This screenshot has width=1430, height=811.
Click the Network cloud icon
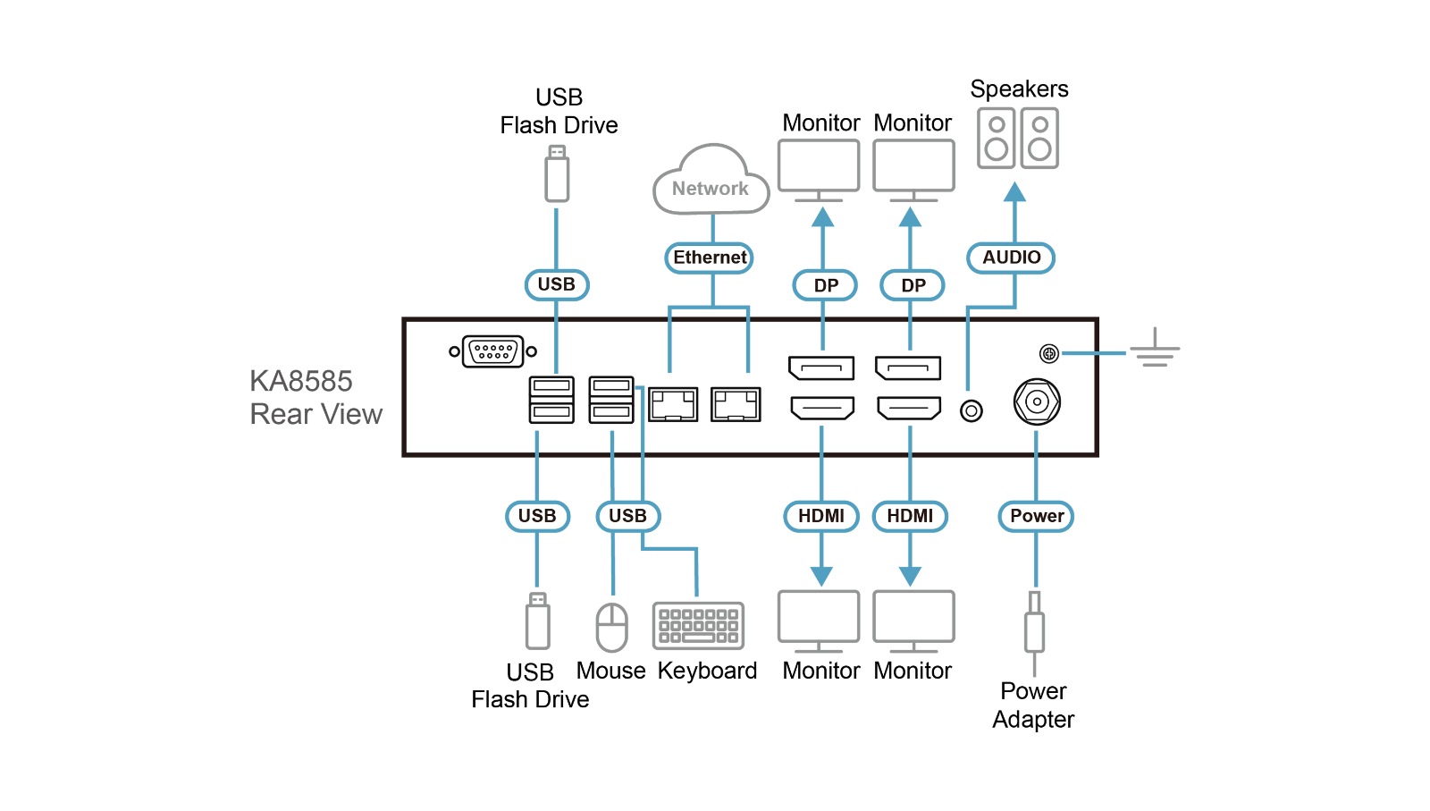(x=711, y=182)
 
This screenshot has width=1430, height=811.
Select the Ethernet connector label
(x=710, y=258)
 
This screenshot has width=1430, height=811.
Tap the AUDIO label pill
(x=1012, y=258)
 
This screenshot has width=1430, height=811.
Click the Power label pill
(x=1036, y=516)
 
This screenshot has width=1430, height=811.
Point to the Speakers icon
(x=1018, y=139)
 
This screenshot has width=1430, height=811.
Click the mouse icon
(x=612, y=627)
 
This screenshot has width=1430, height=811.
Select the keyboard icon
(x=698, y=625)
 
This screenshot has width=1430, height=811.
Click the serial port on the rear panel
(x=493, y=351)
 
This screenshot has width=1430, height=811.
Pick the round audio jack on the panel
(x=972, y=410)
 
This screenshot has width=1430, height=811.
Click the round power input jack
(x=1037, y=402)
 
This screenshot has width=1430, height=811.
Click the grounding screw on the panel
(x=1049, y=353)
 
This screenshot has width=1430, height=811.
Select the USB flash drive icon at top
(x=557, y=175)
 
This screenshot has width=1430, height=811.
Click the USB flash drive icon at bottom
(x=537, y=621)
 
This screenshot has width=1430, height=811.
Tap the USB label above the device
(x=556, y=284)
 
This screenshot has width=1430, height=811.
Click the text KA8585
(x=301, y=381)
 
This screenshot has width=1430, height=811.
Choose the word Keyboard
(x=707, y=671)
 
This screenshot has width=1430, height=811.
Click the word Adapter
(x=1033, y=719)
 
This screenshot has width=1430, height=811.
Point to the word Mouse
(x=610, y=671)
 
